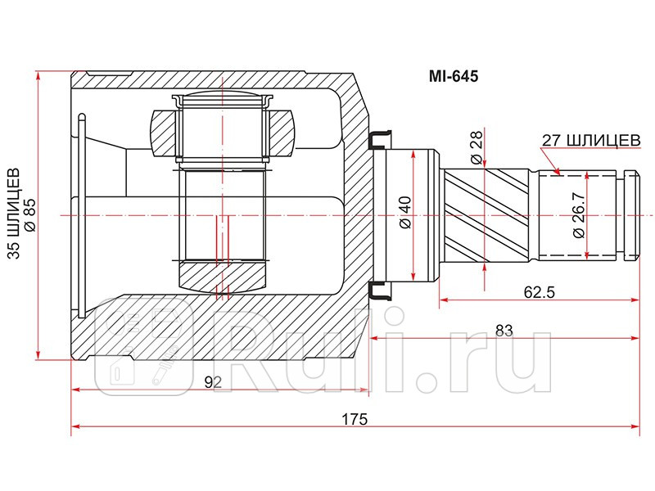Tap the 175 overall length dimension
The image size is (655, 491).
click(x=354, y=419)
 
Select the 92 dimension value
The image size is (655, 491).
click(x=214, y=381)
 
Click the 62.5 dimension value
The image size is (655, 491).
click(x=538, y=291)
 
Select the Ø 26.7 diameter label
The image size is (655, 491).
click(x=580, y=214)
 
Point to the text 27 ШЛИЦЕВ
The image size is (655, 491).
click(x=589, y=140)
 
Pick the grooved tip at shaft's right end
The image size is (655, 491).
click(x=630, y=214)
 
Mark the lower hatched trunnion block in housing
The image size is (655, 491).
click(x=222, y=275)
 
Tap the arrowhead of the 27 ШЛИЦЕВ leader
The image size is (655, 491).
click(x=557, y=173)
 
